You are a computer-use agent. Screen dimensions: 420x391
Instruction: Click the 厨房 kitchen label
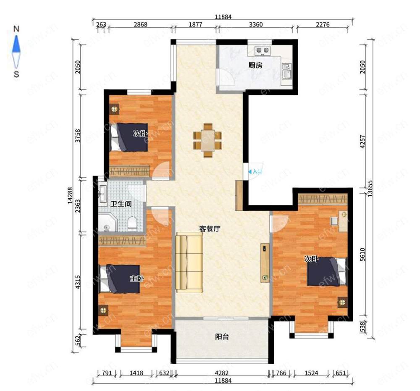[255, 65]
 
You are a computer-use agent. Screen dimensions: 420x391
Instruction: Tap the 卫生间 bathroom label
[121, 204]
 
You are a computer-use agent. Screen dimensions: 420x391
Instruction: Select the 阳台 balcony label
[222, 336]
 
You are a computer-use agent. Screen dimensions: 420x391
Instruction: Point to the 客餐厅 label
[210, 229]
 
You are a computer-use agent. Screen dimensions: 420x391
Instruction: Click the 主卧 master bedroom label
[137, 278]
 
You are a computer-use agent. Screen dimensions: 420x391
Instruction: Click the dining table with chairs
[207, 140]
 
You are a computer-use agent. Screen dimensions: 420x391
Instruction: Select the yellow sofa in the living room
[189, 262]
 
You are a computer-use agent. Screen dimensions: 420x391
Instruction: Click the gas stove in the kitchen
[262, 50]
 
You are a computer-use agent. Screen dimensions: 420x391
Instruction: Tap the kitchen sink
[286, 71]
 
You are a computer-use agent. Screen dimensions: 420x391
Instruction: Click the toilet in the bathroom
[132, 223]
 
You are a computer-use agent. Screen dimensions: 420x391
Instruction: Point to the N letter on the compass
[16, 29]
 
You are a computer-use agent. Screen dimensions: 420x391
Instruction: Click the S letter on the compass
[16, 74]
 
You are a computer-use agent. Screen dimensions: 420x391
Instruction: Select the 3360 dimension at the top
[256, 24]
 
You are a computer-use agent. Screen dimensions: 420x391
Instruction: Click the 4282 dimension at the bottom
[222, 373]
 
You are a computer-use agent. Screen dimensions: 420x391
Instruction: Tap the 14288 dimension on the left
[70, 196]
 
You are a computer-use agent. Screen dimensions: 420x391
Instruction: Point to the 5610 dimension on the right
[362, 255]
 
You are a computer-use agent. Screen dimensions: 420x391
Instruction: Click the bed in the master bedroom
[120, 279]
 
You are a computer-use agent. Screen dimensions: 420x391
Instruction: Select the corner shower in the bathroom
[108, 223]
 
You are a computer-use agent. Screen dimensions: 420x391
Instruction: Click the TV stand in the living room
[265, 263]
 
